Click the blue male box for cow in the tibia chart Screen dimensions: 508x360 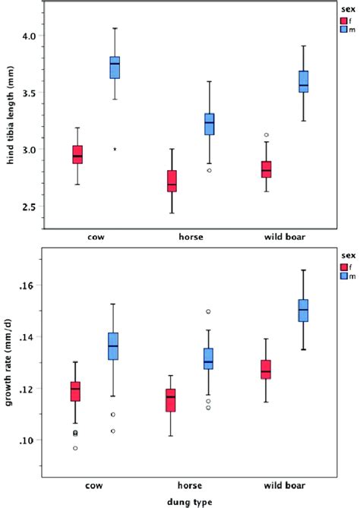coord(115,68)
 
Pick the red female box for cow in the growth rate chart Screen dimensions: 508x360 coord(96,390)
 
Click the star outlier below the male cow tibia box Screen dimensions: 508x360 coord(115,150)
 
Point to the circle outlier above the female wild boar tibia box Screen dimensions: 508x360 coord(266,135)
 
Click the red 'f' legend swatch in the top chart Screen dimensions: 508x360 coord(344,21)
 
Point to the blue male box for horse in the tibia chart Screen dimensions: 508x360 coord(209,124)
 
